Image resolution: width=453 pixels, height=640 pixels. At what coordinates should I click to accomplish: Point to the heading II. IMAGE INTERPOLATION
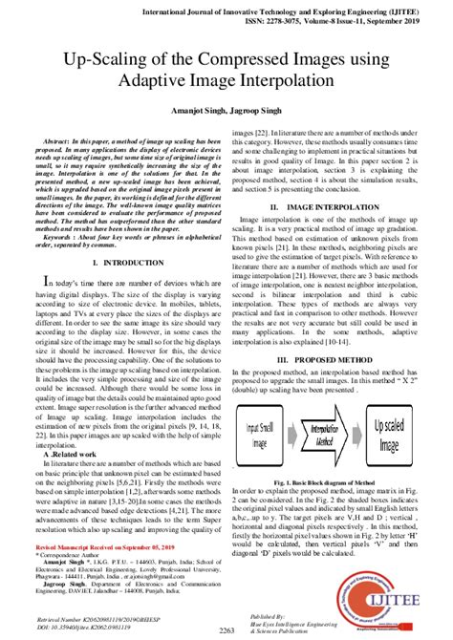pos(328,205)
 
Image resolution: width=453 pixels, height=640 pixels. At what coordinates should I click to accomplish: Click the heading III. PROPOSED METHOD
pos(328,332)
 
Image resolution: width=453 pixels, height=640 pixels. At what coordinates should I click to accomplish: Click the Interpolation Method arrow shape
pos(329,423)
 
